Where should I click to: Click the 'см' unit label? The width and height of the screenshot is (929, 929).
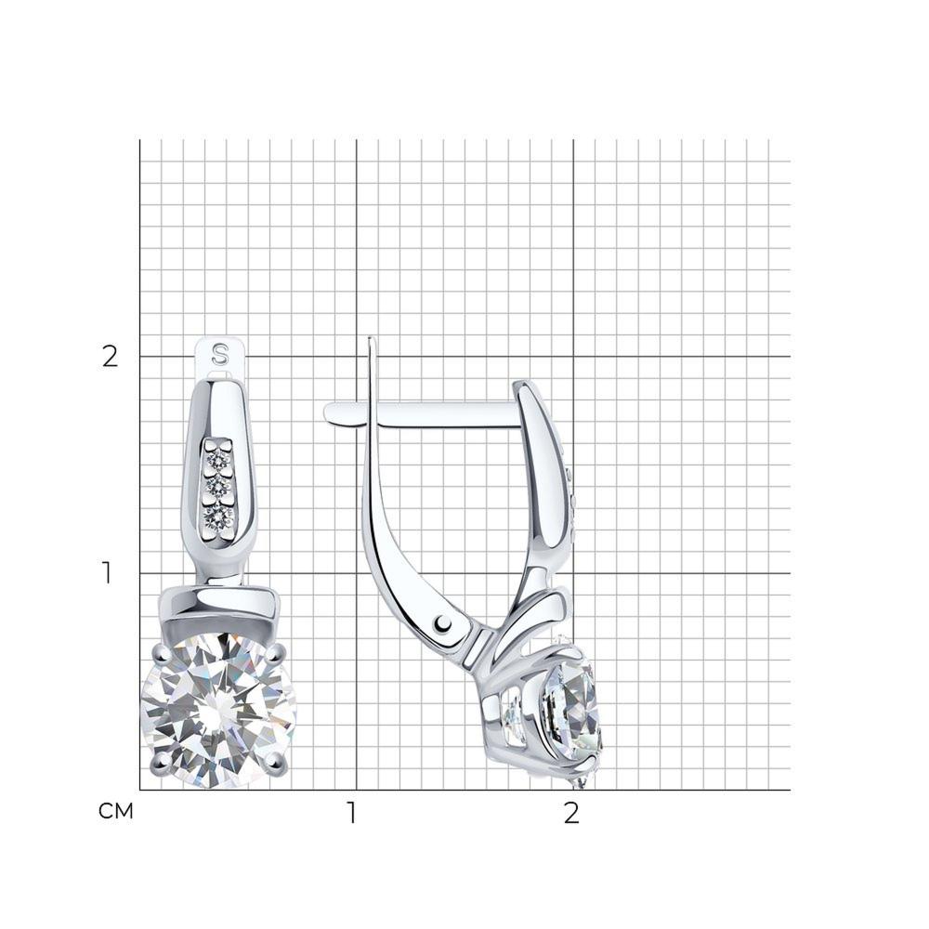tap(115, 811)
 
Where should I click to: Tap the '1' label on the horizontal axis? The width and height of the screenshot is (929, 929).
tap(352, 813)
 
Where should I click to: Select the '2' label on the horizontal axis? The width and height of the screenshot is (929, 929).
tap(570, 813)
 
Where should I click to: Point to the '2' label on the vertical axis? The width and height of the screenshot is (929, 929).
tap(111, 357)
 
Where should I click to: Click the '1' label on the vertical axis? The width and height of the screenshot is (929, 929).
tap(107, 573)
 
